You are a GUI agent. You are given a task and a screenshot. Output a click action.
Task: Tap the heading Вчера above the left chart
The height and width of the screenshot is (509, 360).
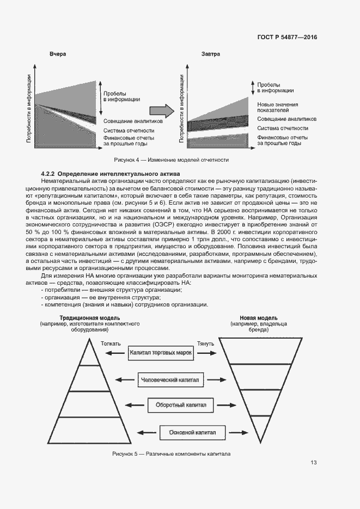pos(58,55)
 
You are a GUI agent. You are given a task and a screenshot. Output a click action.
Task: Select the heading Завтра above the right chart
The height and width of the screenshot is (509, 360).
pos(211,55)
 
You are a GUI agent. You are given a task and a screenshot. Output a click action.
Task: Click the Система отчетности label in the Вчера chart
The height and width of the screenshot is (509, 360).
pos(129,131)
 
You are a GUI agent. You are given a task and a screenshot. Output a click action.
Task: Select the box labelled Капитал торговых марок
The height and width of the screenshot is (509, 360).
pos(161,353)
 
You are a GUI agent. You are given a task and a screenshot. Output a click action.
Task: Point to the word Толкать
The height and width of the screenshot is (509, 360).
pos(111,344)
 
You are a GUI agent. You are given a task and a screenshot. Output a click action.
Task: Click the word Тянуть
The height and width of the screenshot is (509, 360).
pos(205,344)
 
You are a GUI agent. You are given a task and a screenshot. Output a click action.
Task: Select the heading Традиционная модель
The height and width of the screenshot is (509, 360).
pos(90,317)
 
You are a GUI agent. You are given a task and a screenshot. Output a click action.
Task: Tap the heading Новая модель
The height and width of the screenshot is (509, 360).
pos(259,317)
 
